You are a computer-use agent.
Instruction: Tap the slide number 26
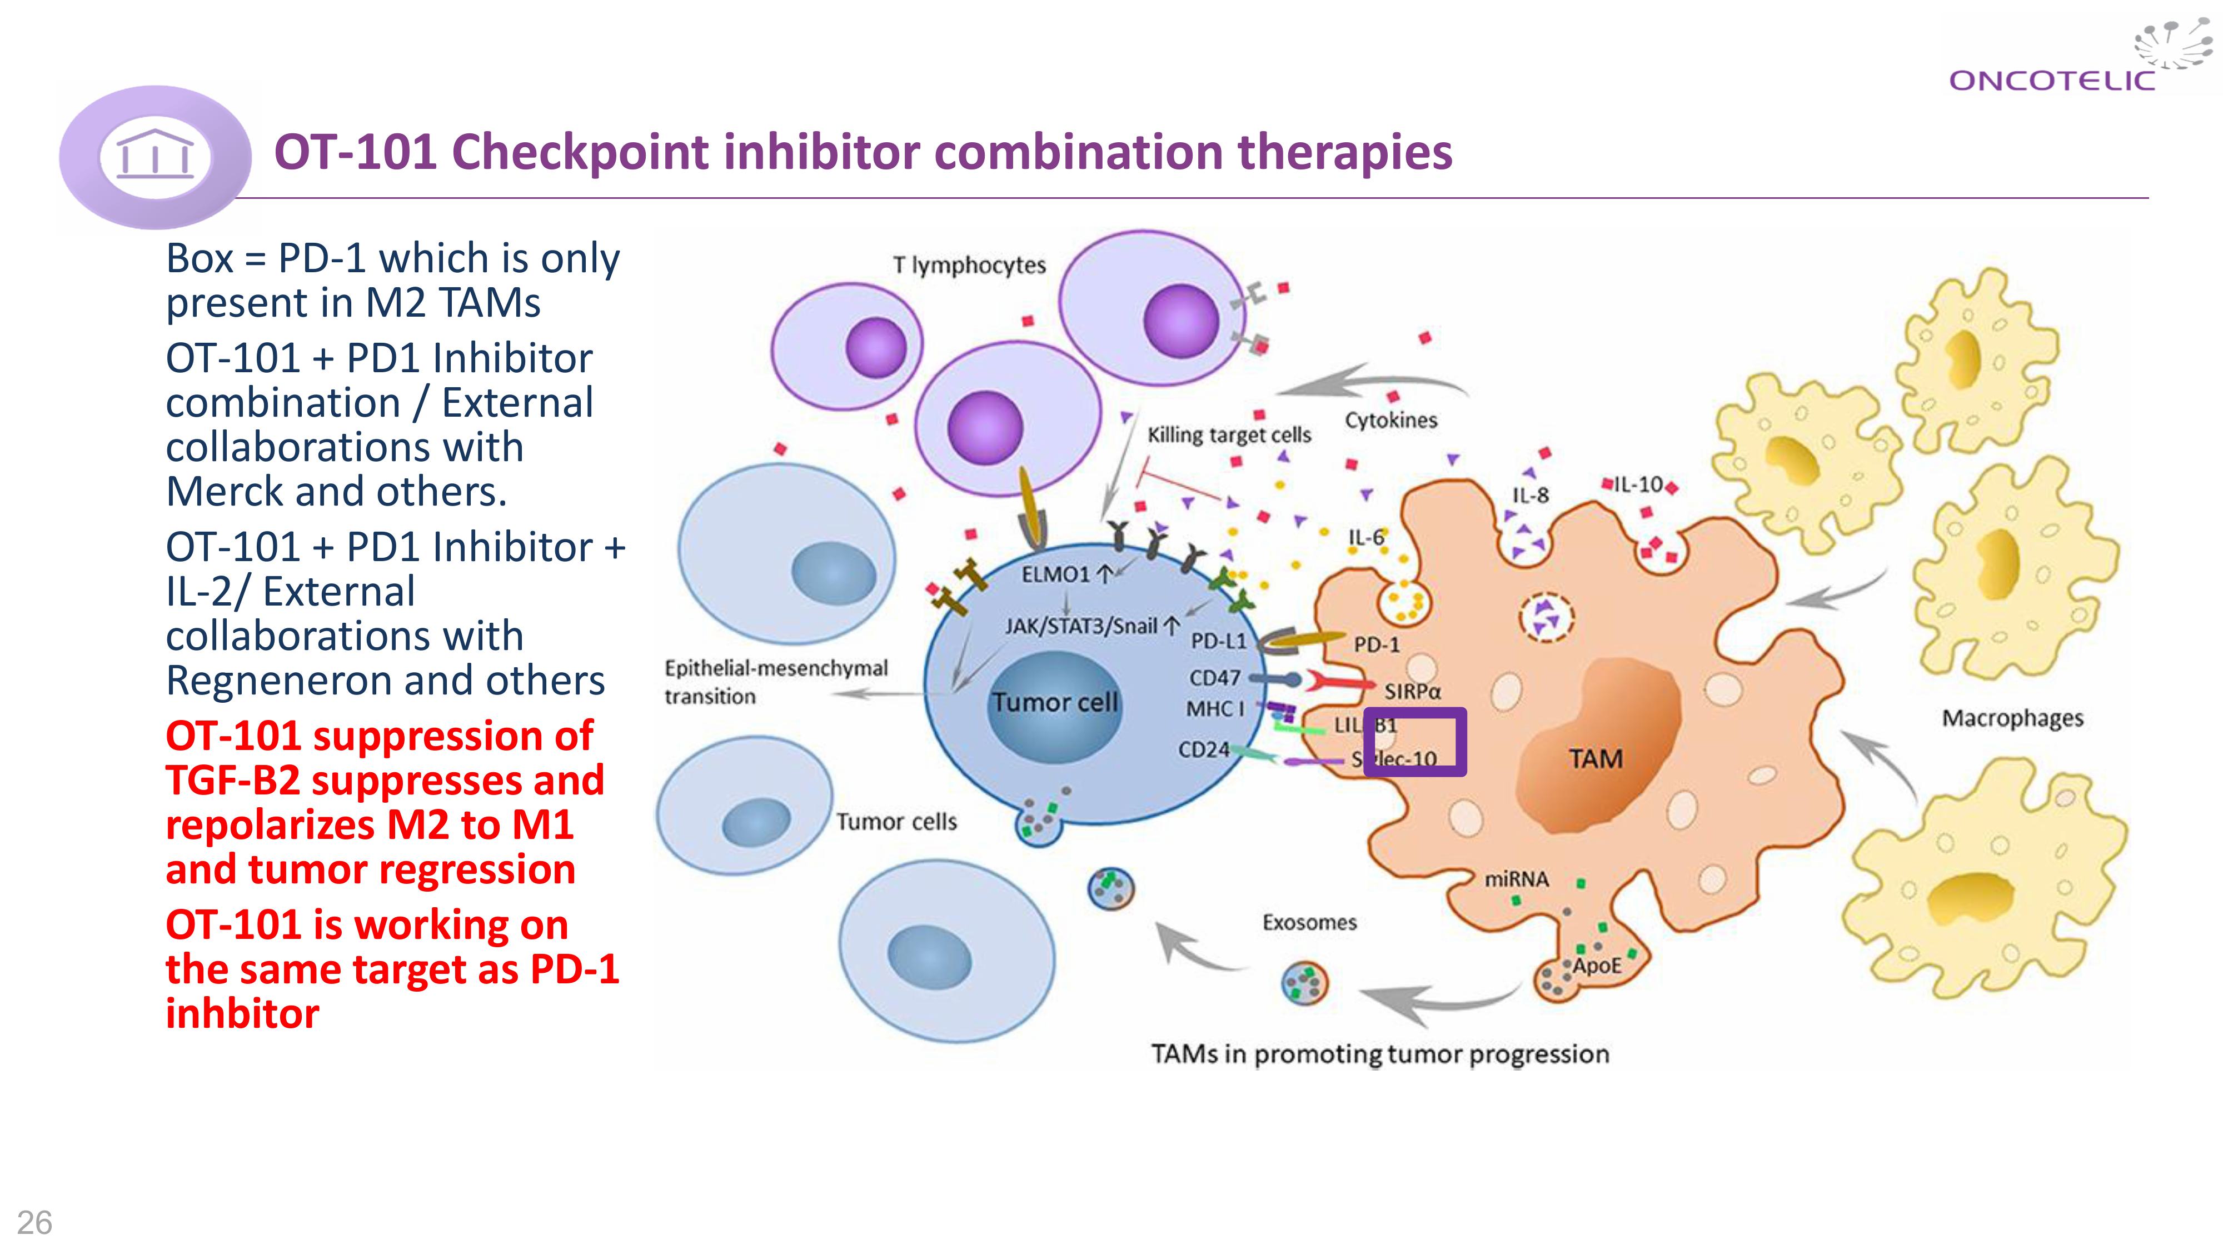pos(34,1222)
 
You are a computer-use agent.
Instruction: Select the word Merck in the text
pos(225,492)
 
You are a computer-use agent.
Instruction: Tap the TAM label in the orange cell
pos(1595,759)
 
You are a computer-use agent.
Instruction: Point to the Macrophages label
pos(2012,718)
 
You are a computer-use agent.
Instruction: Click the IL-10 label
pos(1637,485)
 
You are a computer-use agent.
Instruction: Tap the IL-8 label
pos(1530,495)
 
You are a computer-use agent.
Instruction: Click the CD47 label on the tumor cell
pos(1214,678)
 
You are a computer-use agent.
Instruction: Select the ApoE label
pos(1596,966)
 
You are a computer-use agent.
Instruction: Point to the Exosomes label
pos(1309,922)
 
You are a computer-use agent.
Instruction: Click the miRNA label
pos(1516,879)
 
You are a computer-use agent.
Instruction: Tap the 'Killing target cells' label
pos(1228,435)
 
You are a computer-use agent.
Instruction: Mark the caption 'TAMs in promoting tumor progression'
pos(1379,1054)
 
